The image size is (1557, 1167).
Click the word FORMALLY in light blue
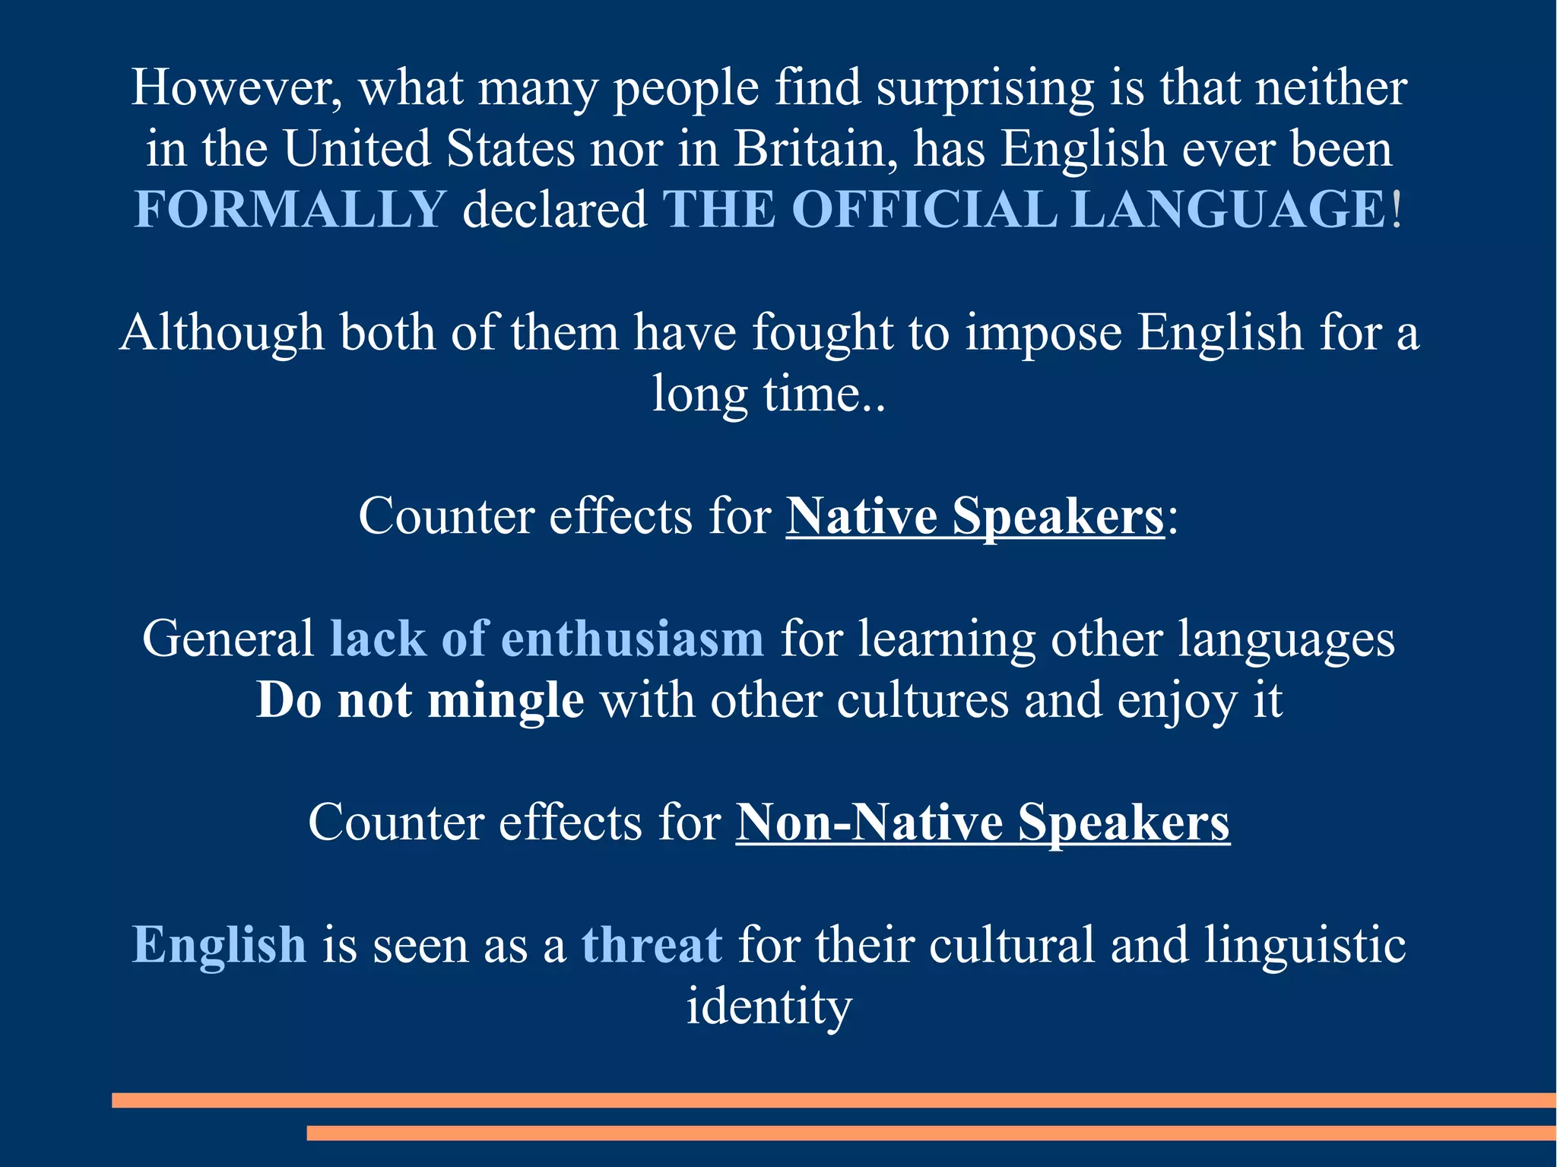[290, 209]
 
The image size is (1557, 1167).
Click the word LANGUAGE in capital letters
[1229, 209]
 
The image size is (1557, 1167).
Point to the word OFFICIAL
[924, 209]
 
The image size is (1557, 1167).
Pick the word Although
[221, 333]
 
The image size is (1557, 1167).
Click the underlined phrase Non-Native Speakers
[982, 823]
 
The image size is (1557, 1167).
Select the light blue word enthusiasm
[632, 639]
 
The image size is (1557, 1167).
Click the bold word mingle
[506, 701]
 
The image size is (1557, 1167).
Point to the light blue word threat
[652, 945]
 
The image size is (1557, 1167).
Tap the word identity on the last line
[769, 1007]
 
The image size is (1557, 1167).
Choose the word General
[228, 639]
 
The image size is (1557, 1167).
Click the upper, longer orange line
[834, 1100]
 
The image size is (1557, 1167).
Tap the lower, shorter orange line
[931, 1133]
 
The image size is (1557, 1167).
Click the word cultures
[922, 700]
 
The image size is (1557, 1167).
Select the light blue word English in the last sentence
[219, 947]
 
